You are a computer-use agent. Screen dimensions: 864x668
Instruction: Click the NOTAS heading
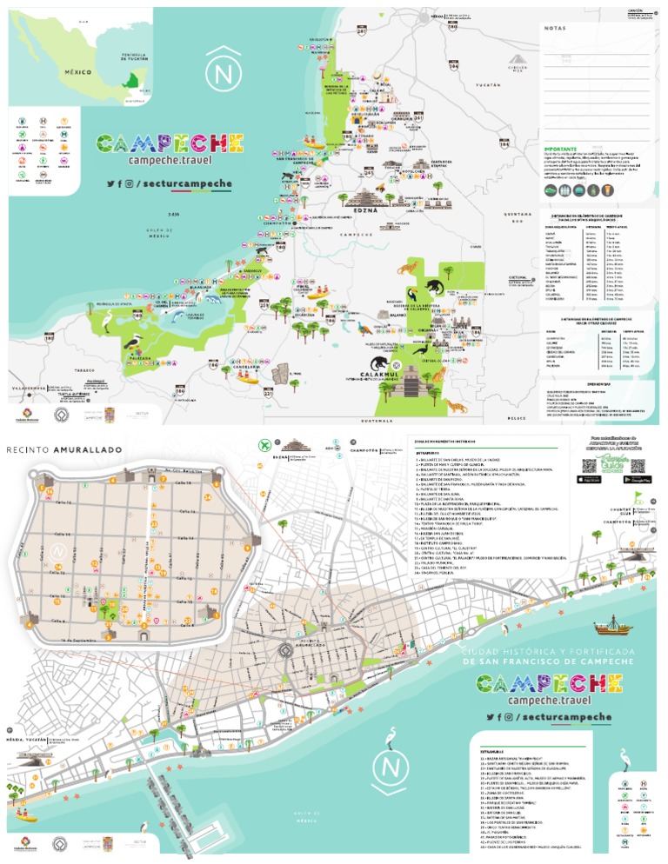(554, 29)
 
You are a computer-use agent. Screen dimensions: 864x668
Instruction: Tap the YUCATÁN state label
(490, 86)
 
